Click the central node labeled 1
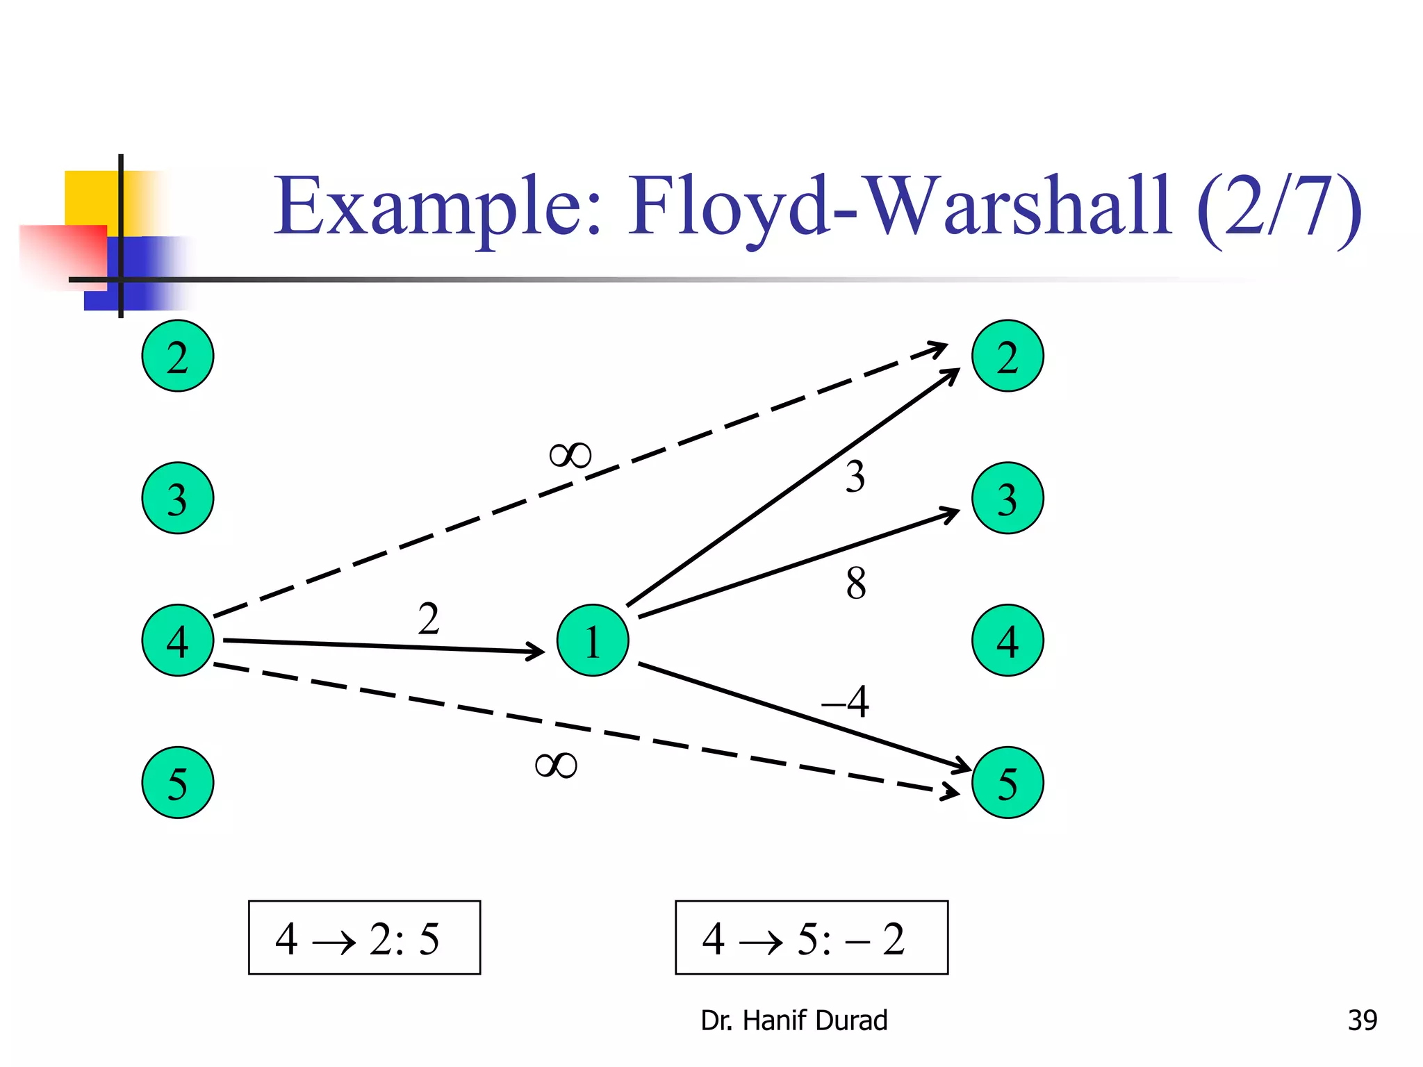[x=592, y=640]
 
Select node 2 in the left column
[x=177, y=356]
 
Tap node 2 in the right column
[x=1007, y=356]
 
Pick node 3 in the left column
[x=177, y=498]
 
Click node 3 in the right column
[x=1007, y=498]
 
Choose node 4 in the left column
[x=177, y=640]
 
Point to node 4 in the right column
[x=1007, y=640]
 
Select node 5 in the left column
[x=177, y=782]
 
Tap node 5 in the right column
[x=1007, y=782]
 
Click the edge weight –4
[x=846, y=702]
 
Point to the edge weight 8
[x=856, y=584]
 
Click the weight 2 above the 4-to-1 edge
[x=429, y=618]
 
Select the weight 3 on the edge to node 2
[x=855, y=477]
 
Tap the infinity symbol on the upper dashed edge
[x=570, y=456]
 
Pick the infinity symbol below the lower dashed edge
[x=556, y=766]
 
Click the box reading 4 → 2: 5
[x=364, y=937]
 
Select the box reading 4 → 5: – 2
[x=811, y=937]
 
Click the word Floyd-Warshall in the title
[x=900, y=206]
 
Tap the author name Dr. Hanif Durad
[x=793, y=1020]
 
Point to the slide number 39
[x=1362, y=1020]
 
